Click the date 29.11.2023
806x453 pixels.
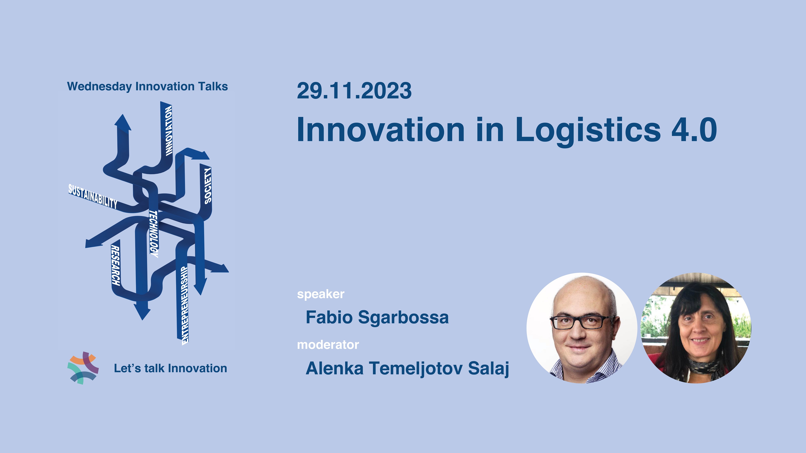click(x=354, y=91)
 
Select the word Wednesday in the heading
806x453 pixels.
click(x=100, y=87)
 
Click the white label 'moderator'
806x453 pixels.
click(x=328, y=344)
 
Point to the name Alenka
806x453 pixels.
click(x=334, y=368)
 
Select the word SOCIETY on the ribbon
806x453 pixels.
click(x=208, y=186)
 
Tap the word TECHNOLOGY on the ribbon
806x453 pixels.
click(x=154, y=234)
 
